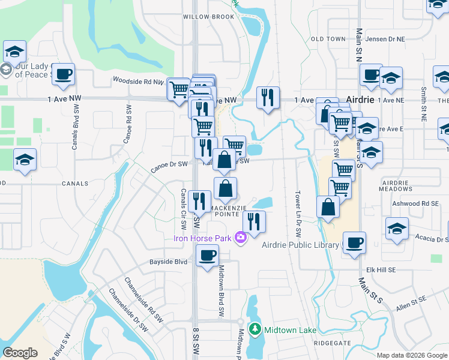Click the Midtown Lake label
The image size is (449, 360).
291,330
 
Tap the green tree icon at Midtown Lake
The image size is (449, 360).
255,329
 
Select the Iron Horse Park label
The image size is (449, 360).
202,238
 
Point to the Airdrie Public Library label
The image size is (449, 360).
300,244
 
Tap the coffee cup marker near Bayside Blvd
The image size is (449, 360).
208,256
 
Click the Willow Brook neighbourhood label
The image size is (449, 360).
208,17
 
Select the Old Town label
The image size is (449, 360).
328,39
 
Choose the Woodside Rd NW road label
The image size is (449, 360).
138,80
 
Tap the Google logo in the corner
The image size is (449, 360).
20,352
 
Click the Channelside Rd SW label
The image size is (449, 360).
143,295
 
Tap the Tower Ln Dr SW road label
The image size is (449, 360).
298,209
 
